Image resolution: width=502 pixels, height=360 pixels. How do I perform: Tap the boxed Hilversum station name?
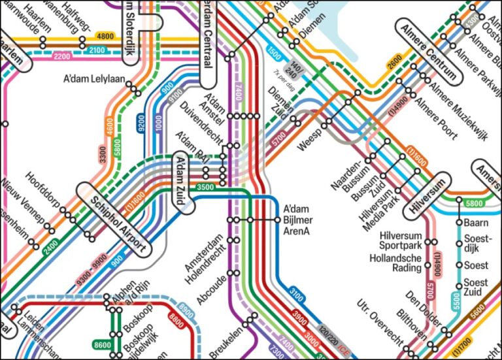click(x=428, y=197)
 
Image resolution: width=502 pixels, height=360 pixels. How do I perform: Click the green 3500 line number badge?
click(x=205, y=188)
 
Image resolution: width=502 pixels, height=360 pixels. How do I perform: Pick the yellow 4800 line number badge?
click(x=105, y=37)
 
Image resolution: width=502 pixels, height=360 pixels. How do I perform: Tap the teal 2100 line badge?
click(x=97, y=50)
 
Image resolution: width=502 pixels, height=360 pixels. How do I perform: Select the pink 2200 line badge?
click(x=62, y=57)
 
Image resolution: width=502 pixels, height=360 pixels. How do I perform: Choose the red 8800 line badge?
click(x=176, y=321)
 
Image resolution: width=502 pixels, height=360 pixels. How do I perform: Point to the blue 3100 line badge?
click(x=295, y=299)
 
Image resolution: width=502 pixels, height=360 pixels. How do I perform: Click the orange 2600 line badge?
click(x=395, y=64)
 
